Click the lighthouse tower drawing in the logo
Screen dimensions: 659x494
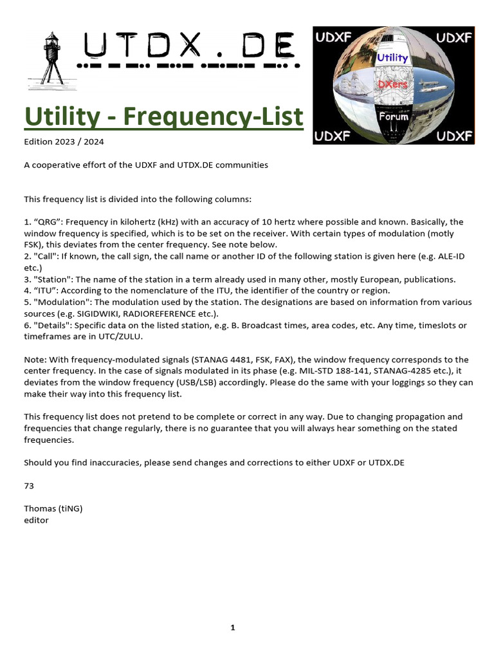(50, 59)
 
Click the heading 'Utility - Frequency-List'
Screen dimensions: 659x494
(163, 117)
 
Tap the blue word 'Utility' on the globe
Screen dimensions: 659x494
(392, 58)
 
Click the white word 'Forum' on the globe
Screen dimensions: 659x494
(394, 116)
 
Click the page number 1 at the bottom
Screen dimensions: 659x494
(233, 627)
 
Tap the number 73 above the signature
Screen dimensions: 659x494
(29, 485)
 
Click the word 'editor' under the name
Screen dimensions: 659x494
(36, 519)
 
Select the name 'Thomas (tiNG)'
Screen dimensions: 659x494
(53, 508)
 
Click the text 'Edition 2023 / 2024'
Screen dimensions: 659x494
(64, 142)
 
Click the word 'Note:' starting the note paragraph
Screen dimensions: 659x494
(35, 360)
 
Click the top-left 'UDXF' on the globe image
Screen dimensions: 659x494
(333, 38)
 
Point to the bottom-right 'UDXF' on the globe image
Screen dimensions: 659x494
(454, 136)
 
